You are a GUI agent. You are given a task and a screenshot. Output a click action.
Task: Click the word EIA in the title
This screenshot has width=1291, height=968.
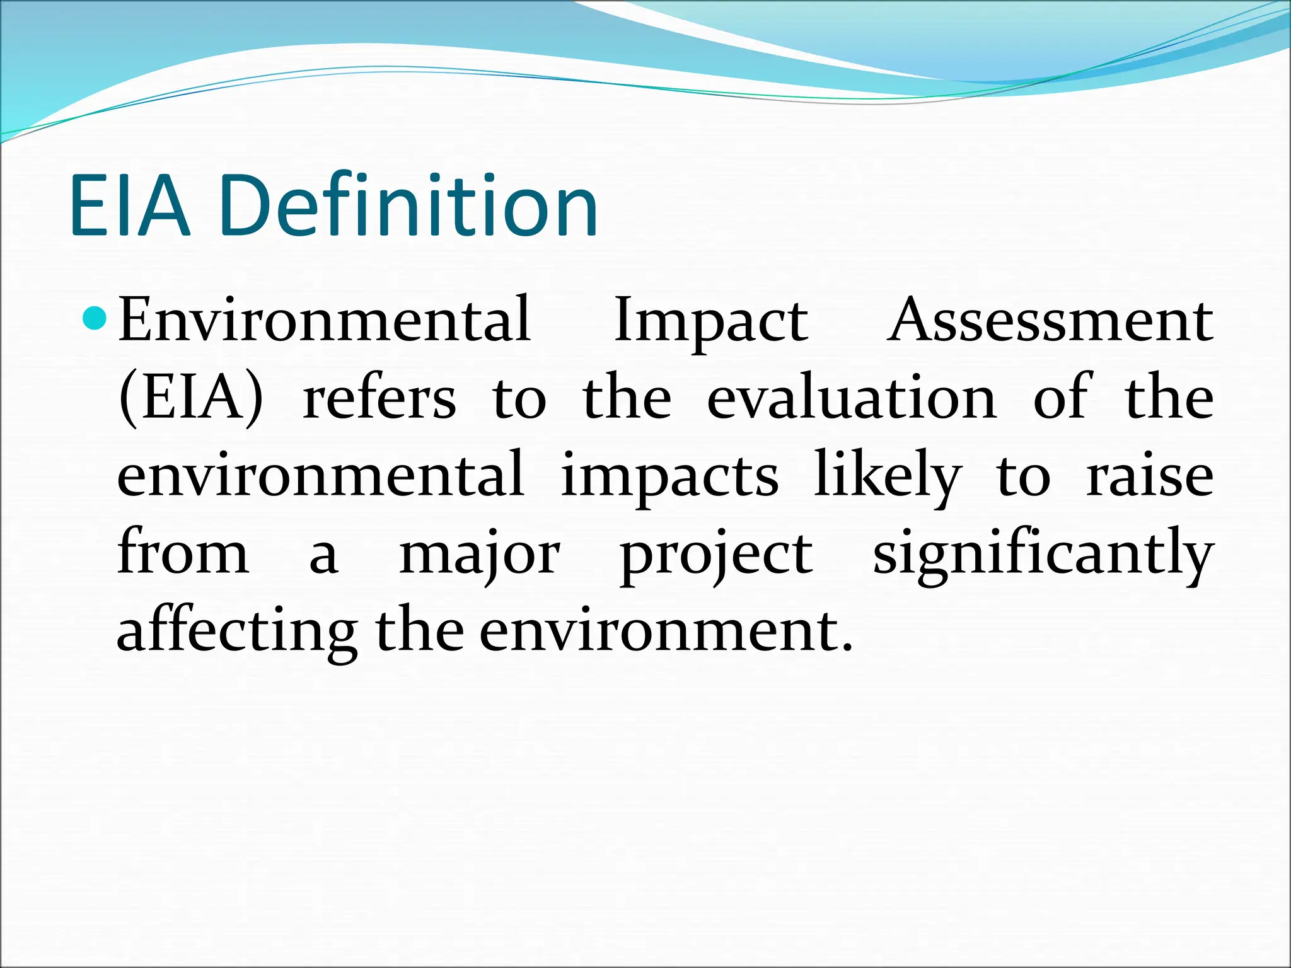[129, 206]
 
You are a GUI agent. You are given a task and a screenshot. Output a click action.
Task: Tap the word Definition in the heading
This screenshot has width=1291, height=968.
[408, 206]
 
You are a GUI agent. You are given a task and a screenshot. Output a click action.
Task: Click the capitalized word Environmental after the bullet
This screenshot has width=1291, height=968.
[324, 320]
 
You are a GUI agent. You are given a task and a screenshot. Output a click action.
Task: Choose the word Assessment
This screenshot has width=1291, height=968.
[1050, 320]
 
